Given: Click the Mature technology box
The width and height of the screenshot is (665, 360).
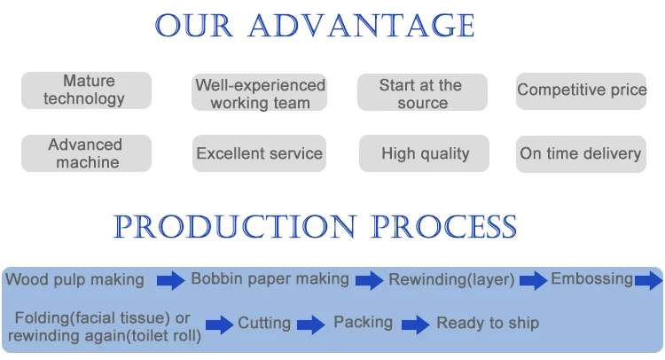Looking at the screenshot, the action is tap(86, 90).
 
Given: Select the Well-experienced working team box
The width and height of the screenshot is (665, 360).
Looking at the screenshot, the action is tap(259, 92).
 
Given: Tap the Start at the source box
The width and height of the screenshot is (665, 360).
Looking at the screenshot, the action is tap(422, 92).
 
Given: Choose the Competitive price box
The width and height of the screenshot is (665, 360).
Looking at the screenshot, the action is tap(581, 90).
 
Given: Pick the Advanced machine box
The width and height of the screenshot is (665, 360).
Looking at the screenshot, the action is tap(86, 153).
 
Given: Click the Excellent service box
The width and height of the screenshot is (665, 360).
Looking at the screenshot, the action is tap(259, 153).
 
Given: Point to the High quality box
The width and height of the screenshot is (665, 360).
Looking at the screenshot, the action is tap(424, 153).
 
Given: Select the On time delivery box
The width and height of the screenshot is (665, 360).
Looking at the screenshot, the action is tap(581, 153).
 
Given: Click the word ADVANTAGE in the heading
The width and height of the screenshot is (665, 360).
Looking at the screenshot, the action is tap(362, 26).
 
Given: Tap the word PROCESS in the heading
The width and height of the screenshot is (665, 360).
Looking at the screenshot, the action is tap(443, 226).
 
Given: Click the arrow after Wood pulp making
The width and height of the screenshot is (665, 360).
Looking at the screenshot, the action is tap(170, 280).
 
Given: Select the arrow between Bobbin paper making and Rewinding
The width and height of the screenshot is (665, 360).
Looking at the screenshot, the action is tap(370, 280).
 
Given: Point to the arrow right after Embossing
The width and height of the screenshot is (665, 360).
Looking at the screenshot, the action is tap(648, 280).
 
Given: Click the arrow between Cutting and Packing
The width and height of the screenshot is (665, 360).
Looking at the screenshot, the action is tap(311, 325).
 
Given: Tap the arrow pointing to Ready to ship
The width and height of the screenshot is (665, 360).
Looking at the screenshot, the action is tap(415, 325).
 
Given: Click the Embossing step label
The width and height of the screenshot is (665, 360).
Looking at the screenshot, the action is tap(591, 279).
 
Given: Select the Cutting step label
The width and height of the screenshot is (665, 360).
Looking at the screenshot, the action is tap(264, 323).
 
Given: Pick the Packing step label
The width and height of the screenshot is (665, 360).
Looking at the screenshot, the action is tap(363, 322).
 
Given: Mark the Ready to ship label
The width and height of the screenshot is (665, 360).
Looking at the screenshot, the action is tap(488, 323).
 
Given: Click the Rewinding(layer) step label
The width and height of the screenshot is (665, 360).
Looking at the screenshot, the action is tap(451, 279).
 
